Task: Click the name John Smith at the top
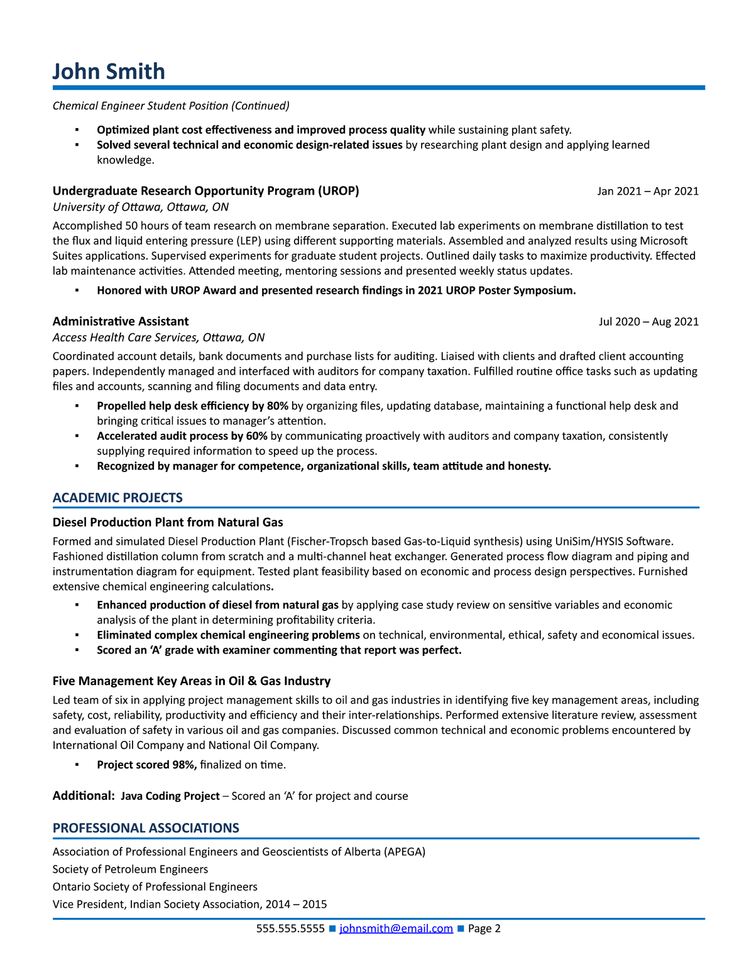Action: pos(109,72)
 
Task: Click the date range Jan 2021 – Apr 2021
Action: pos(647,191)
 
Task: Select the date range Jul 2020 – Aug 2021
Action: pos(648,321)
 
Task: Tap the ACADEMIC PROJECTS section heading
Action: pos(117,498)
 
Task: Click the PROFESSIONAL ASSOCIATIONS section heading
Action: pos(146,828)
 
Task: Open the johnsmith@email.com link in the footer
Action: pos(396,929)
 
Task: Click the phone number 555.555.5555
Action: pos(290,929)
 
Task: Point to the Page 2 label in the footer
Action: pos(484,929)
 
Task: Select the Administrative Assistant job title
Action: pos(121,321)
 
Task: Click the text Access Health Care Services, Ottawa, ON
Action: pos(158,338)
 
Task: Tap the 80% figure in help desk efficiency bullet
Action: pos(277,406)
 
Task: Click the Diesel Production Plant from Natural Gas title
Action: pos(168,522)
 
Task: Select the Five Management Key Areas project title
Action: pos(191,681)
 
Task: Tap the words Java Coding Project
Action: pos(170,796)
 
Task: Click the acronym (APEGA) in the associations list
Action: pos(405,852)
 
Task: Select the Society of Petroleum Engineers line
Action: pos(130,870)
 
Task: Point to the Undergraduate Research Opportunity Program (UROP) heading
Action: pos(205,191)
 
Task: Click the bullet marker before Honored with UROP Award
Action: pos(77,291)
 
